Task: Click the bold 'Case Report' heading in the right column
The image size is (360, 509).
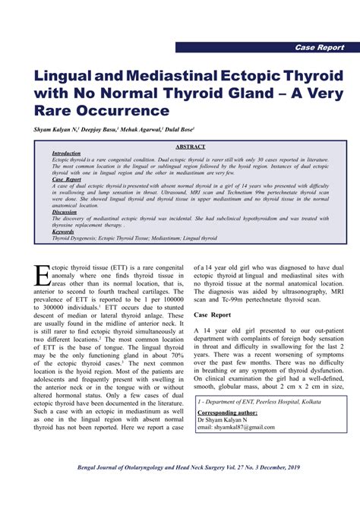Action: pyautogui.click(x=213, y=315)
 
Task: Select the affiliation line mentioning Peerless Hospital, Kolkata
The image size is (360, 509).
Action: pyautogui.click(x=258, y=400)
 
